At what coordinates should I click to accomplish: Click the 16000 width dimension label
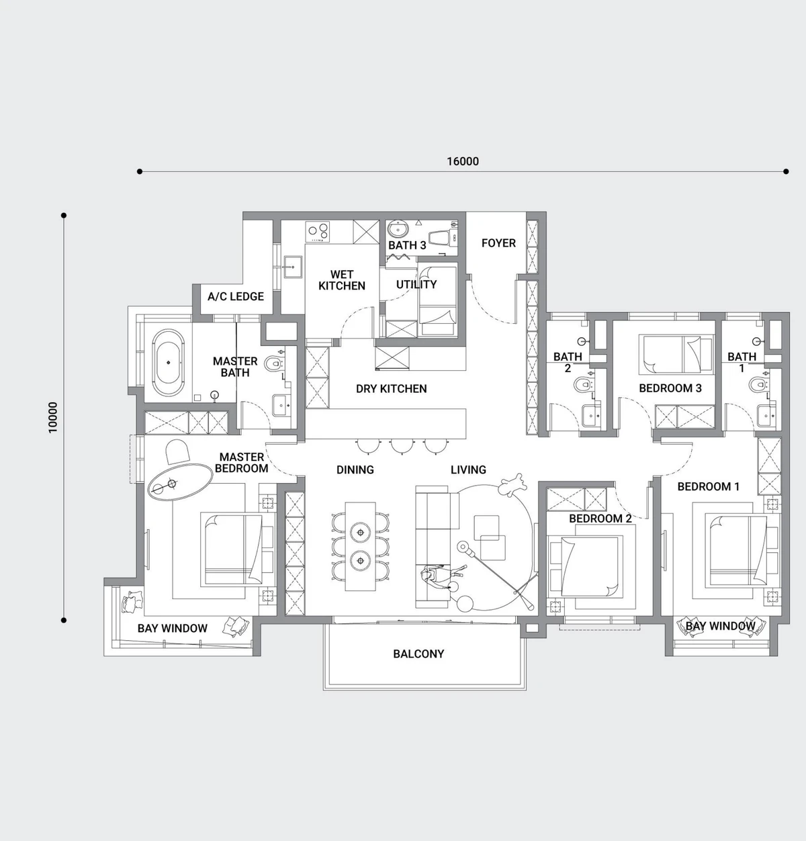click(462, 161)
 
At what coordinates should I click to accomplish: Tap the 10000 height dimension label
click(52, 417)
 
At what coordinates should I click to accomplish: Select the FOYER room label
click(499, 243)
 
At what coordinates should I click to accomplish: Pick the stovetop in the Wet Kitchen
click(317, 232)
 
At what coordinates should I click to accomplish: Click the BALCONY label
click(418, 654)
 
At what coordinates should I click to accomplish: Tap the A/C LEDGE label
click(236, 296)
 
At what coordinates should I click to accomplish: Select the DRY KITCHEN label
click(391, 388)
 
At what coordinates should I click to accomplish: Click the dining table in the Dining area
click(360, 546)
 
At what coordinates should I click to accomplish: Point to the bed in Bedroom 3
click(676, 354)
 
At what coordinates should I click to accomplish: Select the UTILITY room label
click(416, 284)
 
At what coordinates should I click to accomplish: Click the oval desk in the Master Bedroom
click(180, 482)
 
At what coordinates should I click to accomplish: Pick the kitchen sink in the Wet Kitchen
click(293, 266)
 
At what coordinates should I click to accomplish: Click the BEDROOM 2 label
click(600, 518)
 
